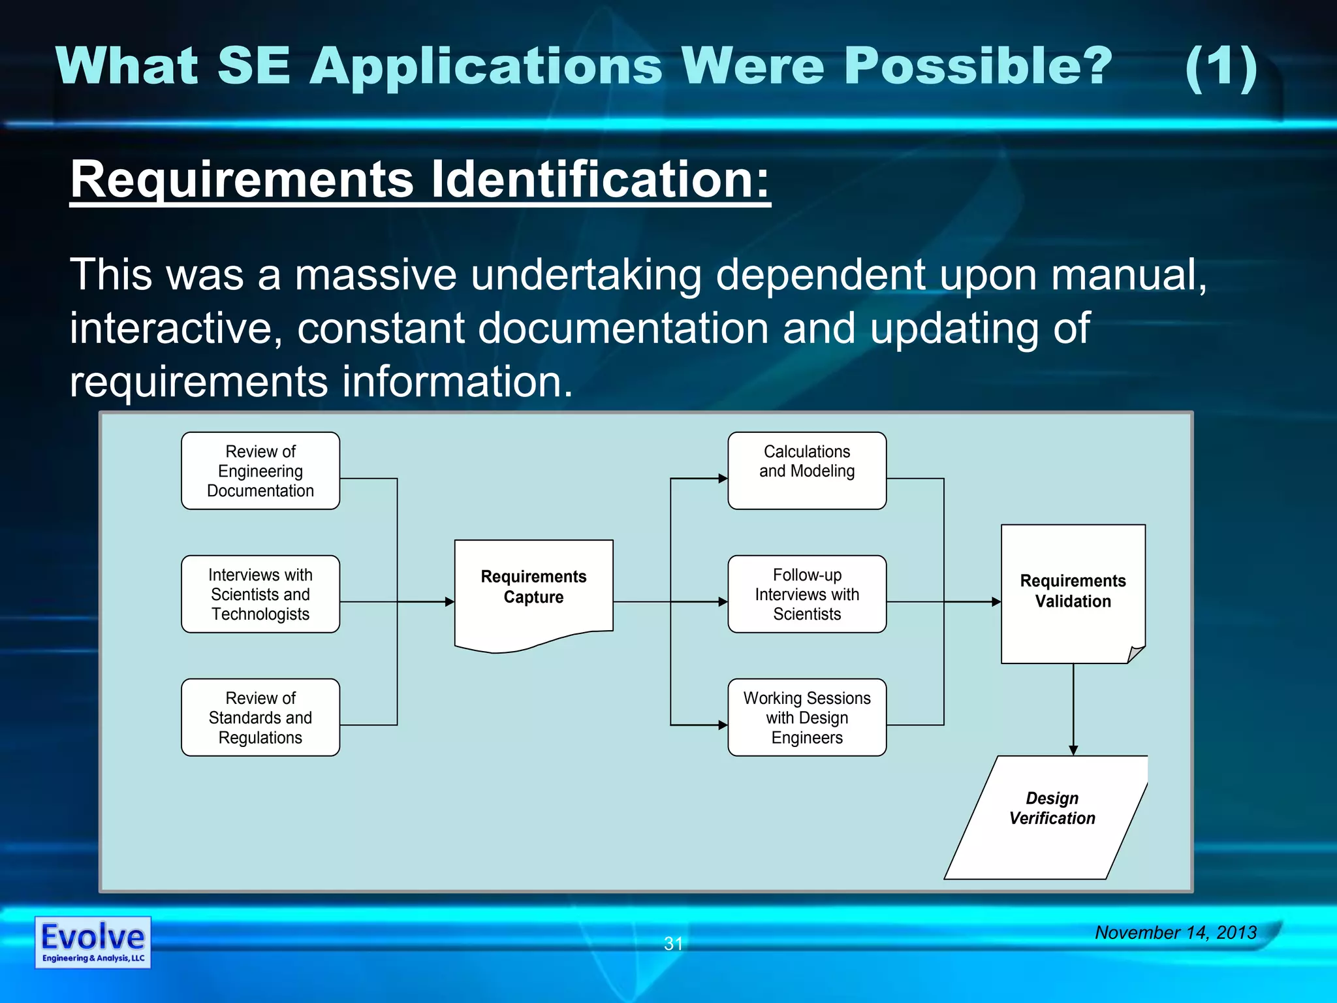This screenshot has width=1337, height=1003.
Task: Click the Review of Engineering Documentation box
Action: pos(260,471)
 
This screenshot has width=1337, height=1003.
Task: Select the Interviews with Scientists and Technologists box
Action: pos(260,594)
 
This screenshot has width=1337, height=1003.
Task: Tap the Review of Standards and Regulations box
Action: pos(260,718)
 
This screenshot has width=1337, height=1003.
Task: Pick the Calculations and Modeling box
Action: pos(807,471)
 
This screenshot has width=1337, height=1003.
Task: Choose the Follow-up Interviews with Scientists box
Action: pos(807,594)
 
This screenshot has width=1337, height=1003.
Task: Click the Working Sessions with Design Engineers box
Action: pos(807,718)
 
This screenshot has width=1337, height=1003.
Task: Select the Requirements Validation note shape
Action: pos(1073,593)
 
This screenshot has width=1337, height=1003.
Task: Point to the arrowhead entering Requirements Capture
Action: pos(450,601)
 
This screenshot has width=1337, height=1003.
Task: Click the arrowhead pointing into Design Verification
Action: pos(1073,751)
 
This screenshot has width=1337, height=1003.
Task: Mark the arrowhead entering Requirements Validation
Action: pos(996,601)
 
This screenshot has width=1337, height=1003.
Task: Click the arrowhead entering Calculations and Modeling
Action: pos(723,479)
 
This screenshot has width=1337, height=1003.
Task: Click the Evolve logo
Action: pos(93,942)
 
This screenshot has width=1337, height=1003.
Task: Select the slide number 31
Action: pos(673,944)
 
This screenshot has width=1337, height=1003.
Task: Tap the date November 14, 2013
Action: pos(1175,932)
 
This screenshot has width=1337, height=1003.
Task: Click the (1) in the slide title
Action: pos(1221,67)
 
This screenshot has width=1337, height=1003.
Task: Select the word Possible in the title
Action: pos(977,67)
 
